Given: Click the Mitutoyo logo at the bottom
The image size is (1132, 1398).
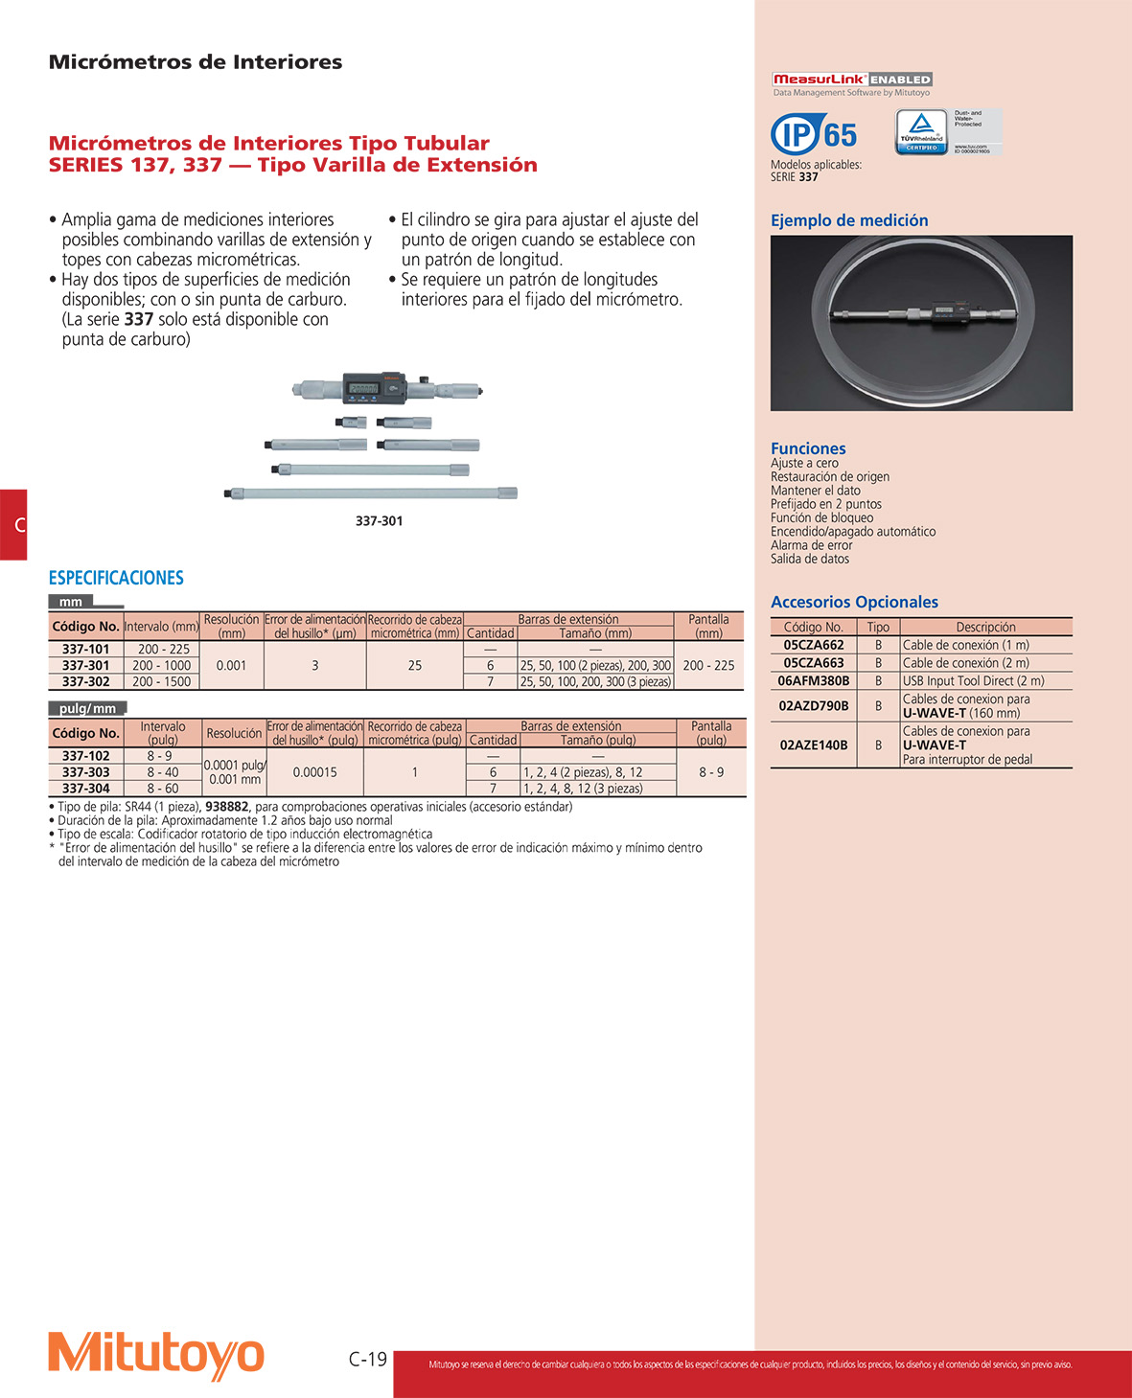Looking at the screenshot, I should (156, 1355).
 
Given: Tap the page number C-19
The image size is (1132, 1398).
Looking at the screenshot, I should (368, 1359).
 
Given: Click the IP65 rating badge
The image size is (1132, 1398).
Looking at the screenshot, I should (814, 134).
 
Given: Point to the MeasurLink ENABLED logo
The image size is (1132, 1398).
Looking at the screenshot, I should (852, 80).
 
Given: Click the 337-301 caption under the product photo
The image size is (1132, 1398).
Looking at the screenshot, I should (379, 521).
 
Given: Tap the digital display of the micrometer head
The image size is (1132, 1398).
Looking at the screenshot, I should (363, 388).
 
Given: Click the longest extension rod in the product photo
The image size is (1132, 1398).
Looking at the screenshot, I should (371, 493).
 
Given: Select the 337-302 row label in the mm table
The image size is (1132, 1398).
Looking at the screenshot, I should (85, 681).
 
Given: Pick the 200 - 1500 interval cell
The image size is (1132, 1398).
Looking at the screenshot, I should (162, 681).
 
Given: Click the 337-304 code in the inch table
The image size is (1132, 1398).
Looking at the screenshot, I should (85, 789).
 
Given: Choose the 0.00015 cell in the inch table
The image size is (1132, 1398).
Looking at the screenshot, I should (314, 772).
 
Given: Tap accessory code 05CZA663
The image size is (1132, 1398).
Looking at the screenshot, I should (813, 663).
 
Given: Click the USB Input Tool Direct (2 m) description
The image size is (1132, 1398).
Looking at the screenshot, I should (973, 681).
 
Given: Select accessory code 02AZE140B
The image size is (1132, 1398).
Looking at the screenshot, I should (813, 745).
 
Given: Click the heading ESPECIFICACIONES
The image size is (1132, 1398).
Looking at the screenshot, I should (116, 578).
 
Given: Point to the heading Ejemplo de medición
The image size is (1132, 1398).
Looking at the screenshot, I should (849, 220).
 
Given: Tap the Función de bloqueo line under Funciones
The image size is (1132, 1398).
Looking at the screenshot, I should (821, 518).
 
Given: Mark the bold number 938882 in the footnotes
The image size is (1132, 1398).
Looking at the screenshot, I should (227, 807).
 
